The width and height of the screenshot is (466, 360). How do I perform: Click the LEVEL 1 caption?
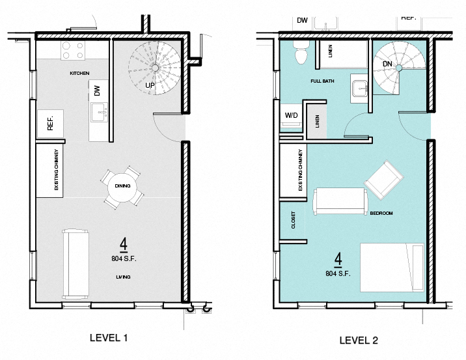[108, 338]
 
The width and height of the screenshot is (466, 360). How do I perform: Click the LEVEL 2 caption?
[359, 340]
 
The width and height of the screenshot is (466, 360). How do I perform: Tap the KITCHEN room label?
[79, 73]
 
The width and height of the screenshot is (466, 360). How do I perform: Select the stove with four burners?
[73, 49]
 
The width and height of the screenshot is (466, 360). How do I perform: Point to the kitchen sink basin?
[101, 113]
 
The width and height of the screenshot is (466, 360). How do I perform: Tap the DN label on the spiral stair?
[387, 64]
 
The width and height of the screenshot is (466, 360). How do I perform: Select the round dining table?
[122, 186]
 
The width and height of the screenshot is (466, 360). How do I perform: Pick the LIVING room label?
[123, 277]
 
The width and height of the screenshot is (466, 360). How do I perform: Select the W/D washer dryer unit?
[292, 116]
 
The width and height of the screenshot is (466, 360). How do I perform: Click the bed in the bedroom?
[392, 267]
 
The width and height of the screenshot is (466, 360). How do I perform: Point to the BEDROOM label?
[381, 213]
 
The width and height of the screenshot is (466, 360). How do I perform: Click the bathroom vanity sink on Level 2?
[360, 87]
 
